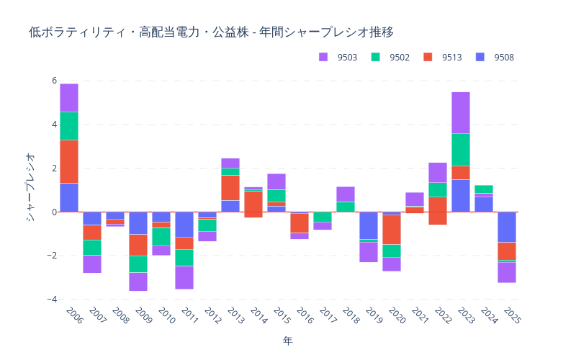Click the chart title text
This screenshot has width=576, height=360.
[211, 32]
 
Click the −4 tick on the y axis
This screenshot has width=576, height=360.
[51, 300]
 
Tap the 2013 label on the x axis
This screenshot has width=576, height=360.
[234, 316]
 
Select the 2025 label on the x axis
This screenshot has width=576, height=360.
[510, 316]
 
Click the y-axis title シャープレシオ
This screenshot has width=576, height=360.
[30, 186]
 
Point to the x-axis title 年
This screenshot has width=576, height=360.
[288, 341]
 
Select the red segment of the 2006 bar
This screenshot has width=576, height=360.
[69, 161]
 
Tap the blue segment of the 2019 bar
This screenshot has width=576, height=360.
[369, 225]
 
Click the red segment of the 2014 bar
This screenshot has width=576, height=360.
[253, 204]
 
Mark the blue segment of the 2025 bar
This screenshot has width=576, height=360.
[507, 227]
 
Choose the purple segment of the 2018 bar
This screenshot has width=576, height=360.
[346, 194]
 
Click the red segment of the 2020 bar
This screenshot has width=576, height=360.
[392, 230]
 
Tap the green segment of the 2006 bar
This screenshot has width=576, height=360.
[69, 126]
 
